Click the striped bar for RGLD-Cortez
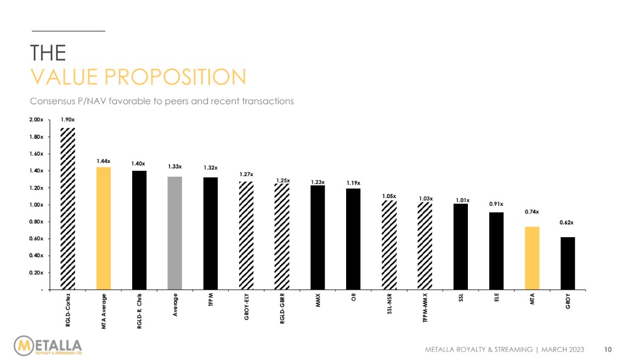click(67, 209)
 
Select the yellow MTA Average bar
click(104, 228)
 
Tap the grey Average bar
click(175, 233)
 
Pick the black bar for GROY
click(568, 263)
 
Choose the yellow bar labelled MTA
click(532, 258)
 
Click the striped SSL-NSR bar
click(389, 245)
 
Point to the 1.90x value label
click(67, 119)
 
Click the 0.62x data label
click(568, 223)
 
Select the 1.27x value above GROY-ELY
click(246, 174)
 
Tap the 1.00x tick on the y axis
click(36, 205)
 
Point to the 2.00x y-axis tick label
click(36, 120)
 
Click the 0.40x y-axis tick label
click(36, 256)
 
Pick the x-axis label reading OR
click(354, 300)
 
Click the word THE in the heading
click(48, 53)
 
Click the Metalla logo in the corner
click(48, 346)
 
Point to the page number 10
click(608, 349)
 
